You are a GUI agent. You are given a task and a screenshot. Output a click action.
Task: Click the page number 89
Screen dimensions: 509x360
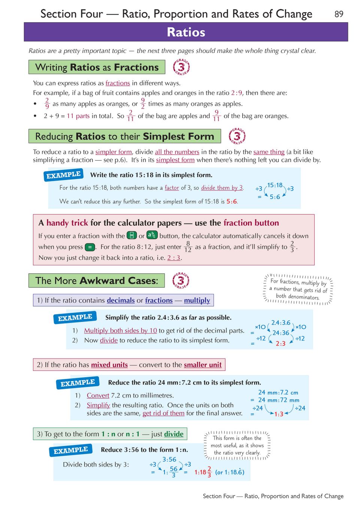(x=339, y=14)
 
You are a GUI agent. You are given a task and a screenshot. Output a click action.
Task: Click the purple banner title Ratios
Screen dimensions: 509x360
(x=186, y=32)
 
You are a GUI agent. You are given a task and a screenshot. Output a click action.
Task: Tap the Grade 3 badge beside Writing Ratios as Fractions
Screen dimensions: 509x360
(x=181, y=67)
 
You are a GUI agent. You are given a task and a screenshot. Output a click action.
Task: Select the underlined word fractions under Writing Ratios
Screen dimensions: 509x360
(x=118, y=83)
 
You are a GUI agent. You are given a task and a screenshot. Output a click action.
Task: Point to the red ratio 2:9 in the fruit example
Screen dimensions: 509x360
(x=237, y=93)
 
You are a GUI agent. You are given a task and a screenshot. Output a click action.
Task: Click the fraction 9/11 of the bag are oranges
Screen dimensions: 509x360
(x=217, y=116)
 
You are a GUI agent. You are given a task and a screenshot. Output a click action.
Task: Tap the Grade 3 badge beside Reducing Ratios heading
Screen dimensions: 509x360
(x=237, y=136)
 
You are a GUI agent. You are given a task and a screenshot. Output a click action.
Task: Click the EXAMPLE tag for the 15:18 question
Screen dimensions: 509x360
(x=63, y=175)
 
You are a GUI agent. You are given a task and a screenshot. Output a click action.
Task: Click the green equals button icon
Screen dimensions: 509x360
(x=90, y=247)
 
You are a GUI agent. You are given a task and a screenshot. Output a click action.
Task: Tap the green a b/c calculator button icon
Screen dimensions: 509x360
(x=152, y=235)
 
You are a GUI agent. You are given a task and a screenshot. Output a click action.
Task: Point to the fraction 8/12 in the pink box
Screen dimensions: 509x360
(x=188, y=247)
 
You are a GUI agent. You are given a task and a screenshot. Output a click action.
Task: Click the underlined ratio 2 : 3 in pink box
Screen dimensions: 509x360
(x=174, y=258)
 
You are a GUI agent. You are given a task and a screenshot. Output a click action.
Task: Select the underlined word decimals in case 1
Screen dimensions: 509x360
(x=121, y=300)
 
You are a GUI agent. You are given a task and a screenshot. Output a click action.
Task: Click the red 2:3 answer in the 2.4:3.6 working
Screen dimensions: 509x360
(x=281, y=344)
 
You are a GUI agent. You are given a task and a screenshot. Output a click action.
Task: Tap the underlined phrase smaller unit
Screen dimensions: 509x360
(x=203, y=365)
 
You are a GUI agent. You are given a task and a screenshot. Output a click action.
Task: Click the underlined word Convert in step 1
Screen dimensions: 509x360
(x=98, y=395)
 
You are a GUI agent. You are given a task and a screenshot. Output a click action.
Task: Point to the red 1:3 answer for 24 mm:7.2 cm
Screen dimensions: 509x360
(x=279, y=414)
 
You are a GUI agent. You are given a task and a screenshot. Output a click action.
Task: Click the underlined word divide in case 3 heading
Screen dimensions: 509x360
(x=174, y=434)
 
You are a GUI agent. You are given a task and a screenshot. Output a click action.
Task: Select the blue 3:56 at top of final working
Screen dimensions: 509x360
(x=169, y=459)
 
